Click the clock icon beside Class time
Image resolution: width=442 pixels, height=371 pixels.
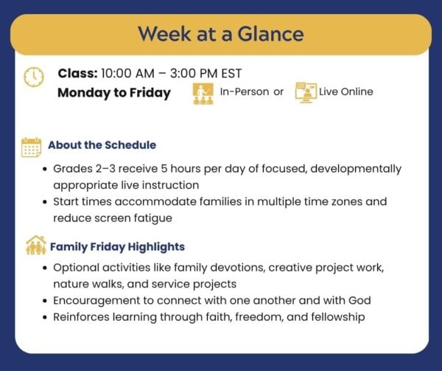pyautogui.click(x=34, y=77)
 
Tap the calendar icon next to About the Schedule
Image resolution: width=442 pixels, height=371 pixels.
pyautogui.click(x=31, y=148)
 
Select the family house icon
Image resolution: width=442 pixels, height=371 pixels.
pyautogui.click(x=36, y=245)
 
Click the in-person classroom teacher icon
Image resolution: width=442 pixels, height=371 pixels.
pyautogui.click(x=203, y=94)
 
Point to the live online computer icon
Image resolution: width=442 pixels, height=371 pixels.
pyautogui.click(x=306, y=92)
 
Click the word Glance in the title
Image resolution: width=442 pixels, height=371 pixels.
pyautogui.click(x=270, y=34)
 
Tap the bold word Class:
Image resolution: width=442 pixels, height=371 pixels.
pyautogui.click(x=78, y=73)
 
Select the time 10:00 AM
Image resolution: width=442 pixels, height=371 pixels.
pyautogui.click(x=127, y=73)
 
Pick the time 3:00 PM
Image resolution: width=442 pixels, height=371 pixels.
pyautogui.click(x=194, y=73)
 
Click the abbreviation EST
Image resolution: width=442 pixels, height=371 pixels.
pyautogui.click(x=231, y=73)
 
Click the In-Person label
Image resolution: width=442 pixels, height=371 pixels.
pyautogui.click(x=245, y=91)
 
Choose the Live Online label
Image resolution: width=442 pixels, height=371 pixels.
pyautogui.click(x=346, y=91)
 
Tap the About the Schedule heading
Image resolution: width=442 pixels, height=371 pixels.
pyautogui.click(x=102, y=145)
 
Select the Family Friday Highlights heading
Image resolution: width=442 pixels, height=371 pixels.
pyautogui.click(x=117, y=247)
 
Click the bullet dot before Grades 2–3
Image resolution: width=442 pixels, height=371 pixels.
pyautogui.click(x=45, y=170)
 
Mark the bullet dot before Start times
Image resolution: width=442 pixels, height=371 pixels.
pyautogui.click(x=45, y=202)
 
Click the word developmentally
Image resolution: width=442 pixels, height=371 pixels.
pyautogui.click(x=356, y=169)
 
